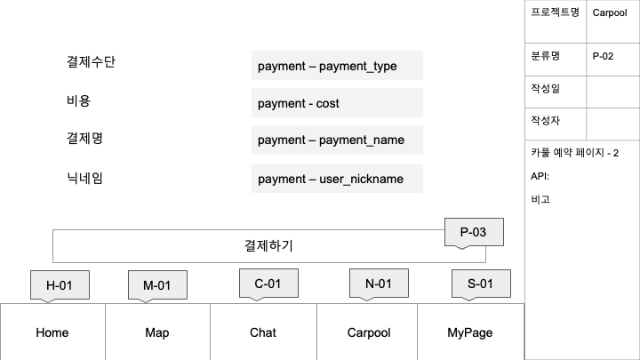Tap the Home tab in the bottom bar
(52, 332)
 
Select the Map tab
(157, 332)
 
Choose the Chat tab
(263, 332)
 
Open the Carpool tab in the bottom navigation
(368, 332)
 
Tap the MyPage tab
(469, 332)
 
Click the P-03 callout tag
(473, 232)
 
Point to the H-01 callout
(59, 284)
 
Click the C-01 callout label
(268, 284)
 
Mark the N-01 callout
(380, 284)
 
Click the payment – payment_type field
(337, 66)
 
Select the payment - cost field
(337, 103)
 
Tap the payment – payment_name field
(337, 140)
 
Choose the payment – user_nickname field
(337, 179)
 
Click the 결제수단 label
(91, 62)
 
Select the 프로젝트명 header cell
(555, 12)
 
